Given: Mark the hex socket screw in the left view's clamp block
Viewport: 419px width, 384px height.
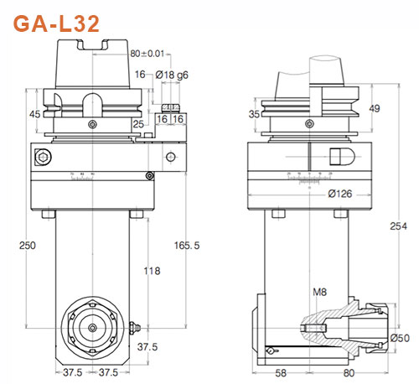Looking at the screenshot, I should point(41,156).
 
